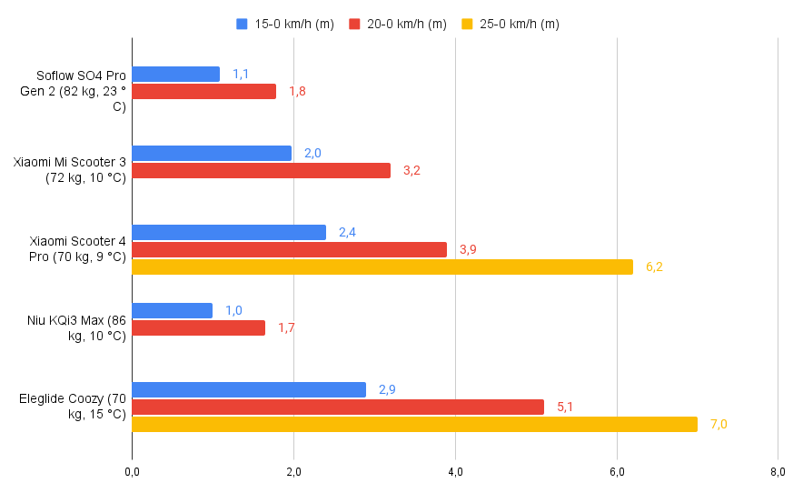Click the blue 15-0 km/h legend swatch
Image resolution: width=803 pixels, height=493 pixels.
242,25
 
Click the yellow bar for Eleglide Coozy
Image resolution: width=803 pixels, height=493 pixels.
414,424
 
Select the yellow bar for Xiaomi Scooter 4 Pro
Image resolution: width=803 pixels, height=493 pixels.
382,267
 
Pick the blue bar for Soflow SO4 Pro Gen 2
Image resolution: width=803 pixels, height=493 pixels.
175,74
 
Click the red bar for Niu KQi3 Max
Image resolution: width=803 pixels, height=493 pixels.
198,327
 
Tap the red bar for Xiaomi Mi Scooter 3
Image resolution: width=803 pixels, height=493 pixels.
261,170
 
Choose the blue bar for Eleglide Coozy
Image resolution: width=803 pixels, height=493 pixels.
249,389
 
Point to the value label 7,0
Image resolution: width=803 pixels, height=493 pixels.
719,424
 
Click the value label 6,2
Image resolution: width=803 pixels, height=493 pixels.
654,267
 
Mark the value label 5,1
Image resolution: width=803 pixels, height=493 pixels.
565,407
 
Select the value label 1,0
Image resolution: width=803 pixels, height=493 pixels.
233,310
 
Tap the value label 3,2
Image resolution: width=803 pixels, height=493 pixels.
411,170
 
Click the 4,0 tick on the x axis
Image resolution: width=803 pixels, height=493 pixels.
455,471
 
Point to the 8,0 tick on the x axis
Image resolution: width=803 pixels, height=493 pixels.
778,471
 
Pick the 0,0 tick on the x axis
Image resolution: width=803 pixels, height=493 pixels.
132,471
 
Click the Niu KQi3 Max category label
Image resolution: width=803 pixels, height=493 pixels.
77,327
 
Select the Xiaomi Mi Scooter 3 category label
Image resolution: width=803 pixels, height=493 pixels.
70,170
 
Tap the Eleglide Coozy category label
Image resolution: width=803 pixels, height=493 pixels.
73,407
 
